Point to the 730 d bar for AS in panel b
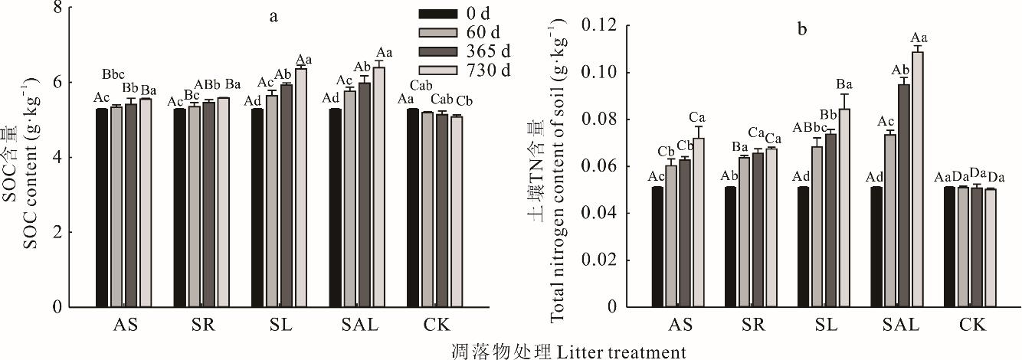[697, 222]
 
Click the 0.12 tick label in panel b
[600, 25]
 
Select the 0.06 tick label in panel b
[600, 167]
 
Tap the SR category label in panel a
[203, 326]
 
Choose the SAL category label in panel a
[358, 326]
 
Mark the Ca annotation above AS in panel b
[697, 117]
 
